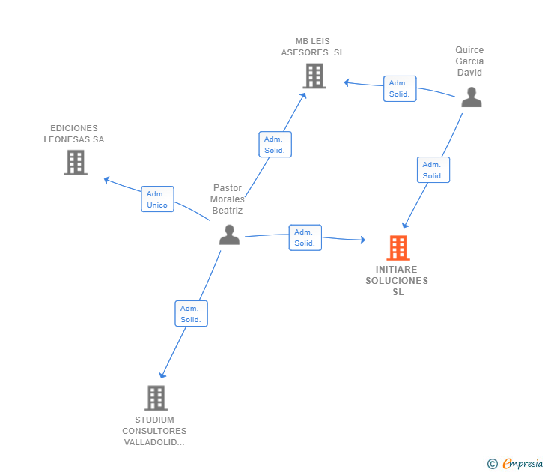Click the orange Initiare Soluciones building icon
pos(398,248)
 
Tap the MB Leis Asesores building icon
pos(314,76)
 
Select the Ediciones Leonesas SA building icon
pos(76,162)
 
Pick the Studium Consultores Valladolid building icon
pos(156,398)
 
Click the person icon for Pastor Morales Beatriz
pos(229,235)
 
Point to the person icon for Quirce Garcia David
pos(471,97)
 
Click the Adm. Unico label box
pos(157,199)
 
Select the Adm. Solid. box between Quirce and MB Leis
pos(399,88)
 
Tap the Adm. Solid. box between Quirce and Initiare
pos(433,170)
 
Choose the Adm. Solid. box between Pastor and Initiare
pos(305,237)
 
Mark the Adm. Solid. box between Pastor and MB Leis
pos(275,145)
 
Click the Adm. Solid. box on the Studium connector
pos(191,314)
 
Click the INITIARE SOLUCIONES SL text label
pos(397,281)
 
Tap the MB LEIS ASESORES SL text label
pos(313,47)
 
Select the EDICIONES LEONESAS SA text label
pos(74,134)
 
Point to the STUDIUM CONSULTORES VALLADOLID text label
pos(154,431)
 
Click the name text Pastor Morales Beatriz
pos(228,199)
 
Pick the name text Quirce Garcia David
pos(469,61)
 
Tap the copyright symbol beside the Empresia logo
pos(493,464)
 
